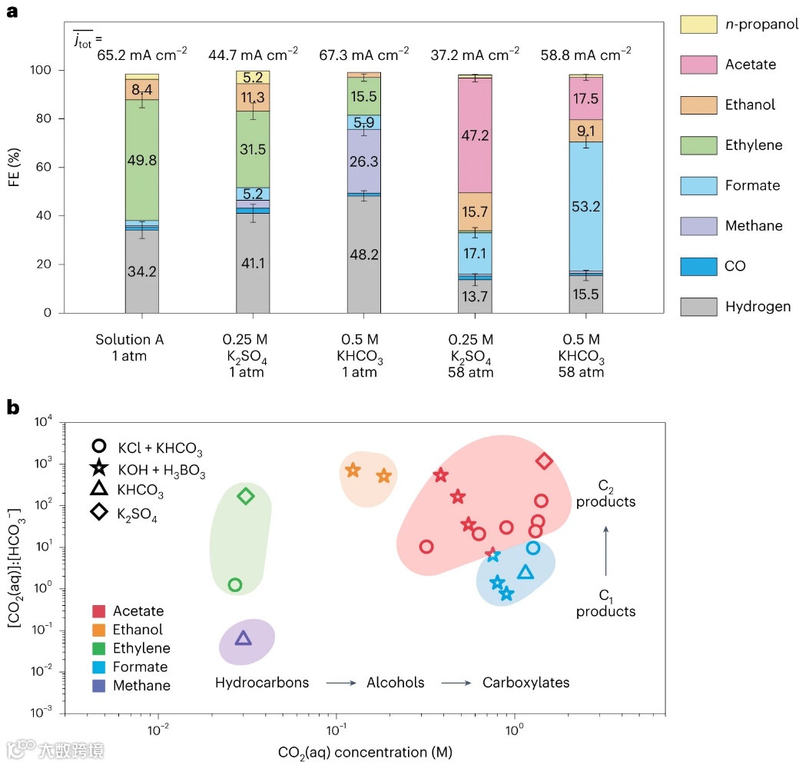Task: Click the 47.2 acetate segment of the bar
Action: click(475, 135)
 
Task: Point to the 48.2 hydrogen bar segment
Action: click(364, 254)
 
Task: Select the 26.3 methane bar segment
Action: click(364, 161)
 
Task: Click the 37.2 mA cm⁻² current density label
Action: click(476, 55)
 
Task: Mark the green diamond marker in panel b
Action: click(246, 496)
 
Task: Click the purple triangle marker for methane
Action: click(243, 638)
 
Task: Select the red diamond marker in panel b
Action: click(545, 461)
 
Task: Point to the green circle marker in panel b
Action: click(235, 584)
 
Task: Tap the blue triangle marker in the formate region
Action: click(525, 572)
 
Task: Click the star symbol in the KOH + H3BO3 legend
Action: click(98, 467)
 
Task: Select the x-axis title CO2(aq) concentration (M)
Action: click(366, 750)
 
